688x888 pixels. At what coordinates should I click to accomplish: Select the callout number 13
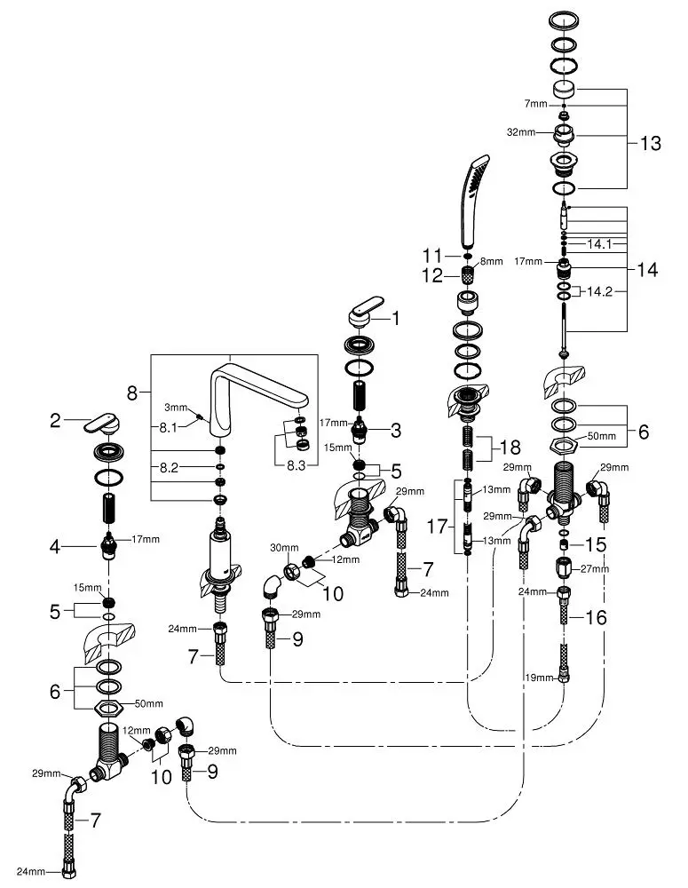point(651,144)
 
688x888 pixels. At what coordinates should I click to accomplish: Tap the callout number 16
point(597,616)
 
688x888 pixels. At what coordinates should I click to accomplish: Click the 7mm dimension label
point(535,105)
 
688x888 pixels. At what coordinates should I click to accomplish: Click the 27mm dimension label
point(596,568)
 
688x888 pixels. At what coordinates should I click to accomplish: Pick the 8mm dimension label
point(491,262)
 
